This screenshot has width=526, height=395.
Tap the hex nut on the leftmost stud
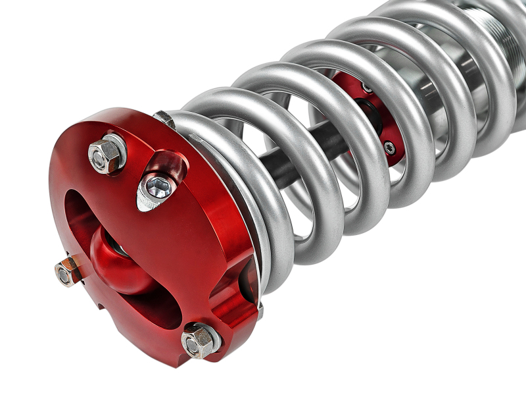click(x=66, y=273)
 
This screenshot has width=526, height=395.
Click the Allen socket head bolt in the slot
click(x=158, y=188)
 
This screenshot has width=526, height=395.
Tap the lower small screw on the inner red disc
click(x=390, y=147)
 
